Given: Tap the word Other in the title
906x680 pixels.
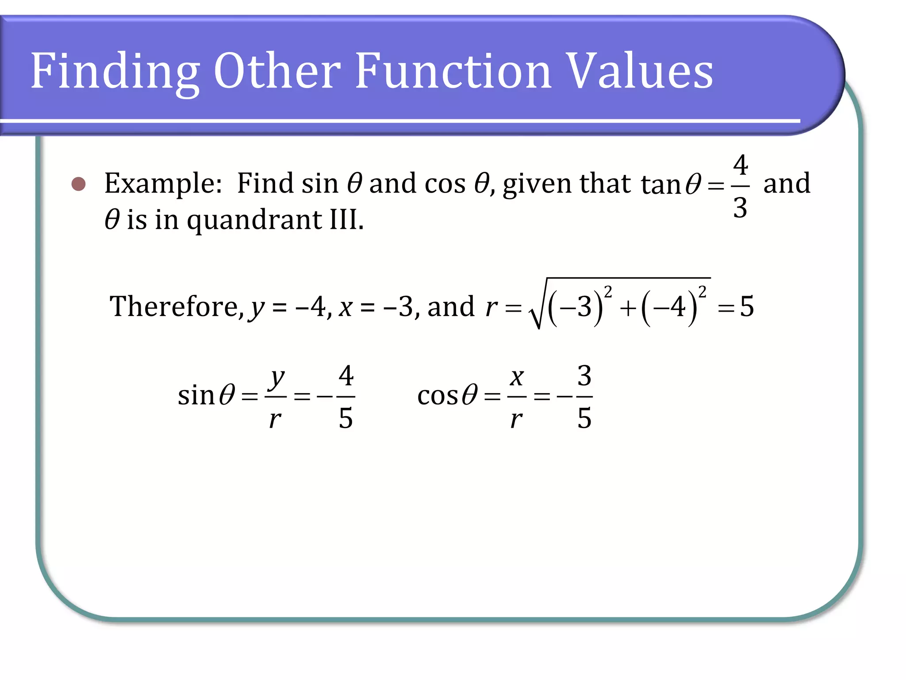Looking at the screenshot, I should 277,71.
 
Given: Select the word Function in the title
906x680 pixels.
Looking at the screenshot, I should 453,71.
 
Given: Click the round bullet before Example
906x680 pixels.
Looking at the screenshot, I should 79,184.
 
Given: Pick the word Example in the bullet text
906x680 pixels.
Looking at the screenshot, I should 163,184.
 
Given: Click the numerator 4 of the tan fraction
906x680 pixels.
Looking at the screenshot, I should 741,165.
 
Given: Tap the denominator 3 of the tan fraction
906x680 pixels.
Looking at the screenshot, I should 741,207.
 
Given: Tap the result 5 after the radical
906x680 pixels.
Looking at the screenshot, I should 747,306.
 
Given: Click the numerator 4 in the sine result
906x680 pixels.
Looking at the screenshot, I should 346,376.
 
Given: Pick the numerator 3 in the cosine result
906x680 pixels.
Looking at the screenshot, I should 584,376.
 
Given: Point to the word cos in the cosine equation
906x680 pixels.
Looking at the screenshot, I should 438,395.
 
